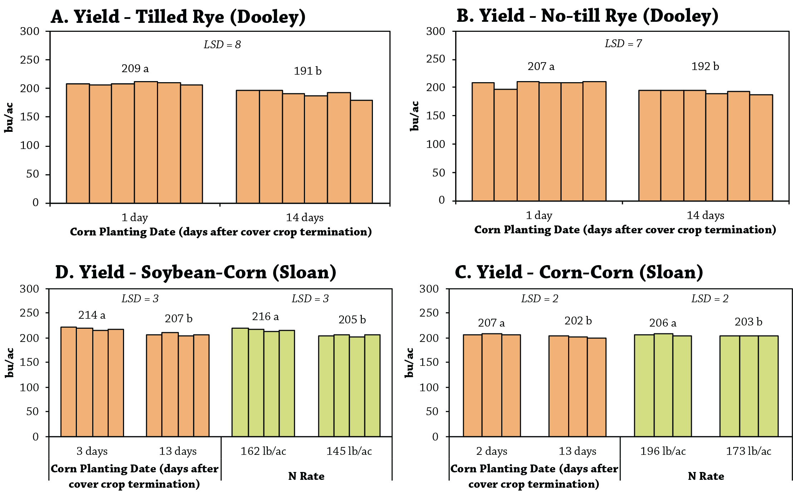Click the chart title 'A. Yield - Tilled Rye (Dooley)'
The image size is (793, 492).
[178, 17]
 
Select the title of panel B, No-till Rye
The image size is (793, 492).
[587, 16]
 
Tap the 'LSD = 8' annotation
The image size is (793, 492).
[222, 44]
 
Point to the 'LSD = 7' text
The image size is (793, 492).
[623, 43]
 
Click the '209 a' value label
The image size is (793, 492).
[135, 68]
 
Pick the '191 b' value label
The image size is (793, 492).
[307, 71]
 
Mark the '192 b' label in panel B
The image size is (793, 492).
[705, 66]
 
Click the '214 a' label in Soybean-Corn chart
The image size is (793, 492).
[92, 315]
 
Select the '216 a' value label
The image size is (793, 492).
[265, 316]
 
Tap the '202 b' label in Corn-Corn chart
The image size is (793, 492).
[578, 320]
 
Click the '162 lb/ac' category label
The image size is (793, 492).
[263, 451]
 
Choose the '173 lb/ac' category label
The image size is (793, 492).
[748, 451]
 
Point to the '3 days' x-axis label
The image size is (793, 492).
[92, 451]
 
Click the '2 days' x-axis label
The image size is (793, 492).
[492, 451]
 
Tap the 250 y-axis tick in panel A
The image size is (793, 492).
[30, 60]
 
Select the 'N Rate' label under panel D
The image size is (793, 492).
[306, 476]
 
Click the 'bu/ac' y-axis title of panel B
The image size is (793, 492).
[414, 116]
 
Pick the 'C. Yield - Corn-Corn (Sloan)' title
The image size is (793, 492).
[579, 272]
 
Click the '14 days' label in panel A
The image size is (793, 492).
[305, 217]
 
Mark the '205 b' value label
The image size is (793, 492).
[352, 319]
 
